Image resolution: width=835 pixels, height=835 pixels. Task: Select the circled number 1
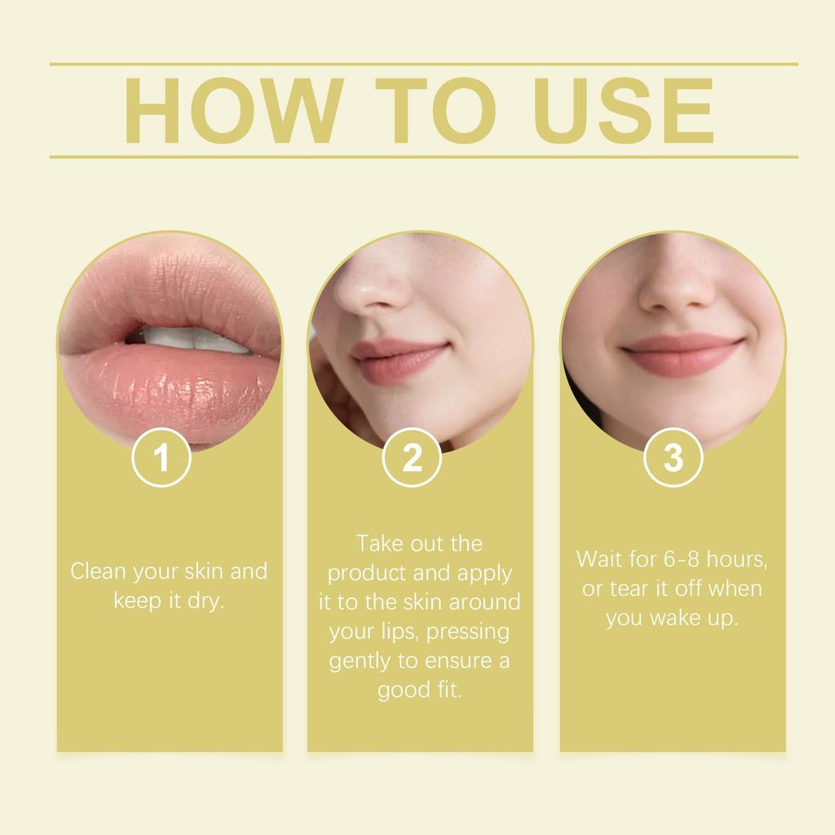[x=161, y=457]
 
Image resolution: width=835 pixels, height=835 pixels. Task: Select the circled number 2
[x=413, y=457]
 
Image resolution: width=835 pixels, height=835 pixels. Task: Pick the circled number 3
[x=673, y=457]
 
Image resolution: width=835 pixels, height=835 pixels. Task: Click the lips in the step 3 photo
[x=682, y=355]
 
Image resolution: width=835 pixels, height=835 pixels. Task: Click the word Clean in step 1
[x=98, y=571]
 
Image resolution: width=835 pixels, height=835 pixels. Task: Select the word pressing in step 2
[x=468, y=632]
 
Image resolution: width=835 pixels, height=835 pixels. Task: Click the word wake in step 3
[x=673, y=618]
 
